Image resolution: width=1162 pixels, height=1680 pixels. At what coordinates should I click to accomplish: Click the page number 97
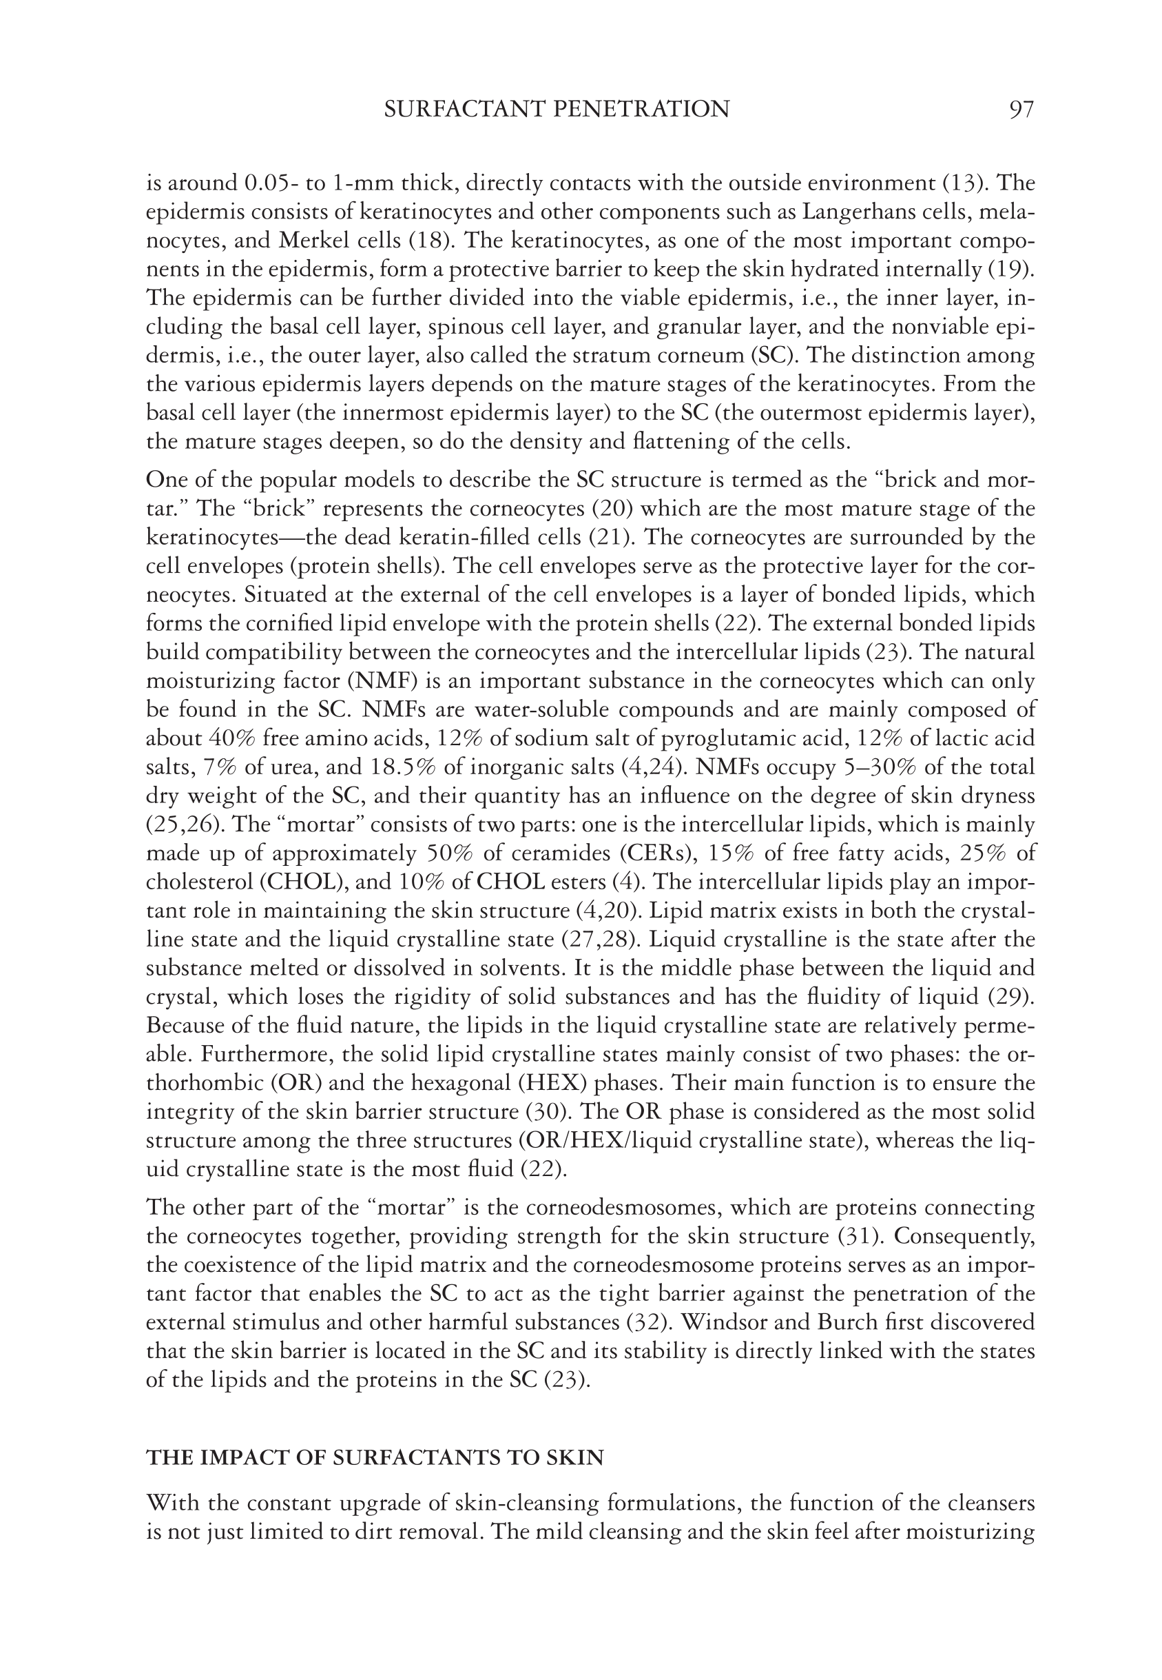tap(1021, 110)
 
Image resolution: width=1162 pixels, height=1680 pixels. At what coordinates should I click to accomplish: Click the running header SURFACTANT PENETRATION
tap(557, 110)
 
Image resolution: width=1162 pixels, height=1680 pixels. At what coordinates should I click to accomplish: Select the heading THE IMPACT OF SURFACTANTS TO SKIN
tap(375, 1458)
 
